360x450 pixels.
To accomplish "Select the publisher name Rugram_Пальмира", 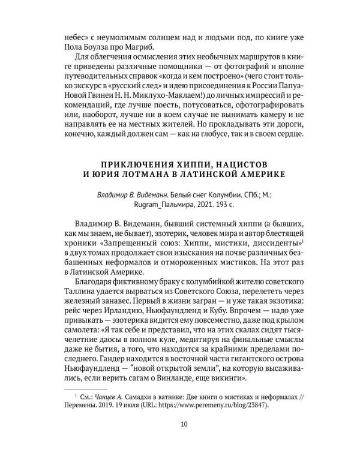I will (x=143, y=205).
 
